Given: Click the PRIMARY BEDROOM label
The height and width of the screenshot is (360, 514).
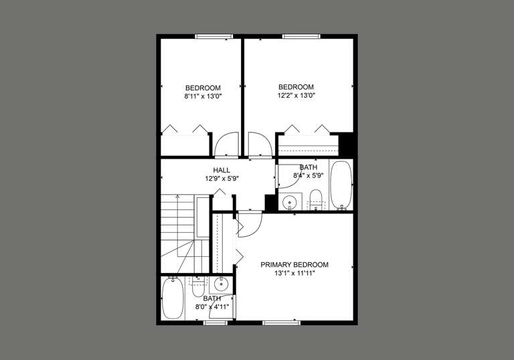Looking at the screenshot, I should pos(304,264).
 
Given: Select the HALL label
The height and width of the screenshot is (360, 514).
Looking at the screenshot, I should pos(222,170).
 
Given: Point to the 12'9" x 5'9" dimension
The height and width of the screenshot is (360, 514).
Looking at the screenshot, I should pos(222,179).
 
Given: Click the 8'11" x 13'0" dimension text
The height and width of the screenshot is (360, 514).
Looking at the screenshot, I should pos(203,96).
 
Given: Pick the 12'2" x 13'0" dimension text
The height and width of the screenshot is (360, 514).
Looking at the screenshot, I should pos(296,96).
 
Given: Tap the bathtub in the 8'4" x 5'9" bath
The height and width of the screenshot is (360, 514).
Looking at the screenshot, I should pos(341,184).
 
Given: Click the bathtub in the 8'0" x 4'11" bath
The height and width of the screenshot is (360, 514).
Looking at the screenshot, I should pos(173,298).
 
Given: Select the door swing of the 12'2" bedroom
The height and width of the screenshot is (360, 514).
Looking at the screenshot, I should pos(258,144).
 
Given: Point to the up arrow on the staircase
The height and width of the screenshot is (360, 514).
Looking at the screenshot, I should pos(177,198).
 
